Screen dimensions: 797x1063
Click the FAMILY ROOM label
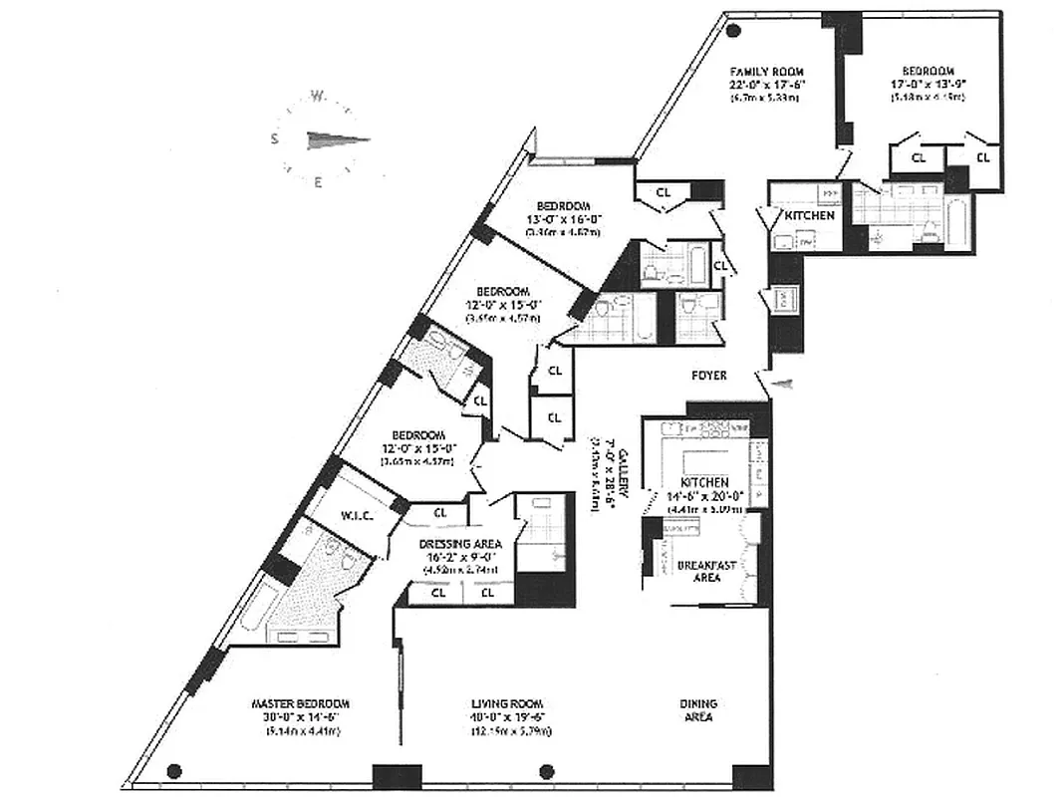point(766,72)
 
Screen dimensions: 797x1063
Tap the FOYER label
point(708,376)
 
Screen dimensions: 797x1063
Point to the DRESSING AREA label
point(459,544)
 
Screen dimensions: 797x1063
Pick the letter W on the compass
point(317,97)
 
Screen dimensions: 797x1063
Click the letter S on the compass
point(274,139)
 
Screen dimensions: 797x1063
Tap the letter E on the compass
point(318,181)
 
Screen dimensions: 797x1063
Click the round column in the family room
point(733,30)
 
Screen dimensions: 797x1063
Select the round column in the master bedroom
point(174,770)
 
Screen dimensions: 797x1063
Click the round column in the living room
point(545,770)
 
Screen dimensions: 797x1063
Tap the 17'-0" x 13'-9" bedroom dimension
point(929,84)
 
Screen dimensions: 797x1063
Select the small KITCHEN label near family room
point(809,215)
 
